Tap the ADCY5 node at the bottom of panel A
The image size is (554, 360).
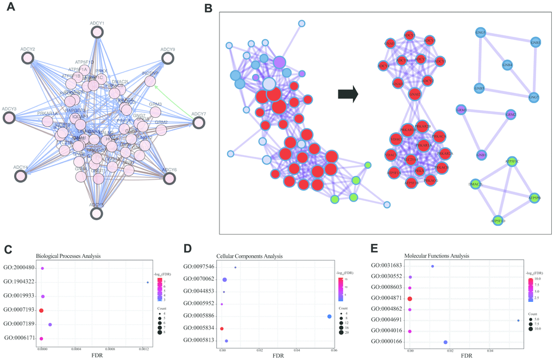(x=96, y=213)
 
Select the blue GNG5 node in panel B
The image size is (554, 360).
(x=480, y=33)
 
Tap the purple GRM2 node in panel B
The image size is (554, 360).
(x=511, y=115)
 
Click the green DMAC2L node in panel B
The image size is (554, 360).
(x=476, y=184)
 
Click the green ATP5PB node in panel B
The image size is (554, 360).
(x=534, y=199)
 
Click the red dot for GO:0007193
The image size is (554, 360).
(x=41, y=310)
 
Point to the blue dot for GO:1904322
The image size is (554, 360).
(x=148, y=282)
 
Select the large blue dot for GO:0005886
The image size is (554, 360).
(x=329, y=317)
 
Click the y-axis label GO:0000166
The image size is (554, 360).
(x=386, y=342)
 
